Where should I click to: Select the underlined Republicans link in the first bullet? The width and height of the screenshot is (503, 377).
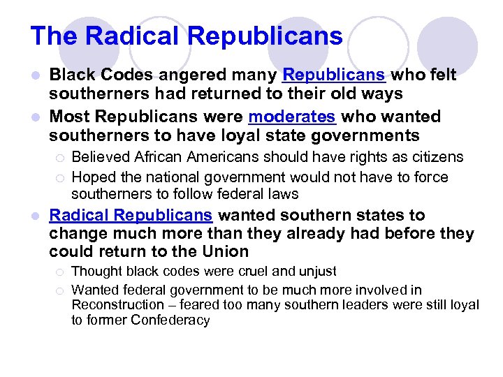pyautogui.click(x=334, y=75)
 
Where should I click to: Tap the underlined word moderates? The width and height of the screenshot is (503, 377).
pyautogui.click(x=292, y=116)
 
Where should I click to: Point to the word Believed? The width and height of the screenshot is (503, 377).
pyautogui.click(x=99, y=157)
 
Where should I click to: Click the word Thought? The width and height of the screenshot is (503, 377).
pyautogui.click(x=94, y=271)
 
